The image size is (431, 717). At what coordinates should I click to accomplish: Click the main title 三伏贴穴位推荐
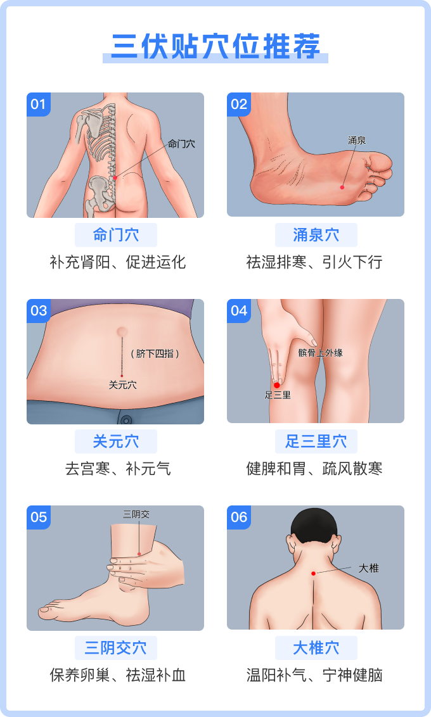215,46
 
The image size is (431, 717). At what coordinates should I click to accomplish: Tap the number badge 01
39,105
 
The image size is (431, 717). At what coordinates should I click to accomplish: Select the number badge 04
239,310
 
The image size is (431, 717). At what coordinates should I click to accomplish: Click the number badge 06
239,517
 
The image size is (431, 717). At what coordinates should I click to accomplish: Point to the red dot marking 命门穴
115,178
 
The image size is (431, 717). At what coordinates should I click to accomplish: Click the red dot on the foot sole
342,187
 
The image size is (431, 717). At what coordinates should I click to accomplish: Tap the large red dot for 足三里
277,386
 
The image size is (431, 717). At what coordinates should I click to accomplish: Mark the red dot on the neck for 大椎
313,573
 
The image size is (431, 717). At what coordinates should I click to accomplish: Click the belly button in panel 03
122,331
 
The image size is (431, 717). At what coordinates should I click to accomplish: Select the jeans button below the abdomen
125,419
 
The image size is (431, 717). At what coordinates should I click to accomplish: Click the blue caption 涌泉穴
316,235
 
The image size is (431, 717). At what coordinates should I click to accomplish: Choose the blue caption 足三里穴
316,441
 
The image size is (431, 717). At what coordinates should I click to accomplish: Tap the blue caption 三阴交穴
116,648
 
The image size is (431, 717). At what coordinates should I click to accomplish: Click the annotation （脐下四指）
155,353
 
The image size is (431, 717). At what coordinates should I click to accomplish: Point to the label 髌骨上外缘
320,353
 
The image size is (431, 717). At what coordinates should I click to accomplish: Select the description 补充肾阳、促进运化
118,262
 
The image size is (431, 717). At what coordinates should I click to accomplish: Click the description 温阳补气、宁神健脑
314,675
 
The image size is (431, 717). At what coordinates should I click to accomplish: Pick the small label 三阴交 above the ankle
136,514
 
